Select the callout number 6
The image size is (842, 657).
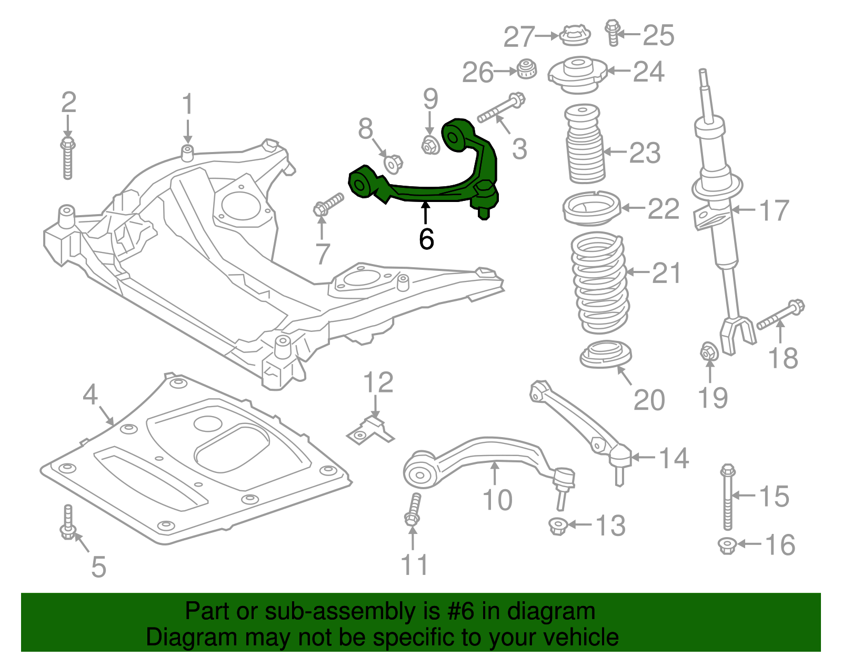426,239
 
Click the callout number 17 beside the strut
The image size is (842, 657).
774,210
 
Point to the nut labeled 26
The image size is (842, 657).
526,69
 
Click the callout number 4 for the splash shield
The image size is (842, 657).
90,395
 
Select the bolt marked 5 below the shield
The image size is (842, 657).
67,523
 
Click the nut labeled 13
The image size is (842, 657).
557,525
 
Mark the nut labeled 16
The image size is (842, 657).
727,545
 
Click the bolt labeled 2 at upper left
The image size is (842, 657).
68,158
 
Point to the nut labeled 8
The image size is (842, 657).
393,164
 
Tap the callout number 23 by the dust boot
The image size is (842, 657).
645,153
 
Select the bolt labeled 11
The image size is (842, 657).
413,510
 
